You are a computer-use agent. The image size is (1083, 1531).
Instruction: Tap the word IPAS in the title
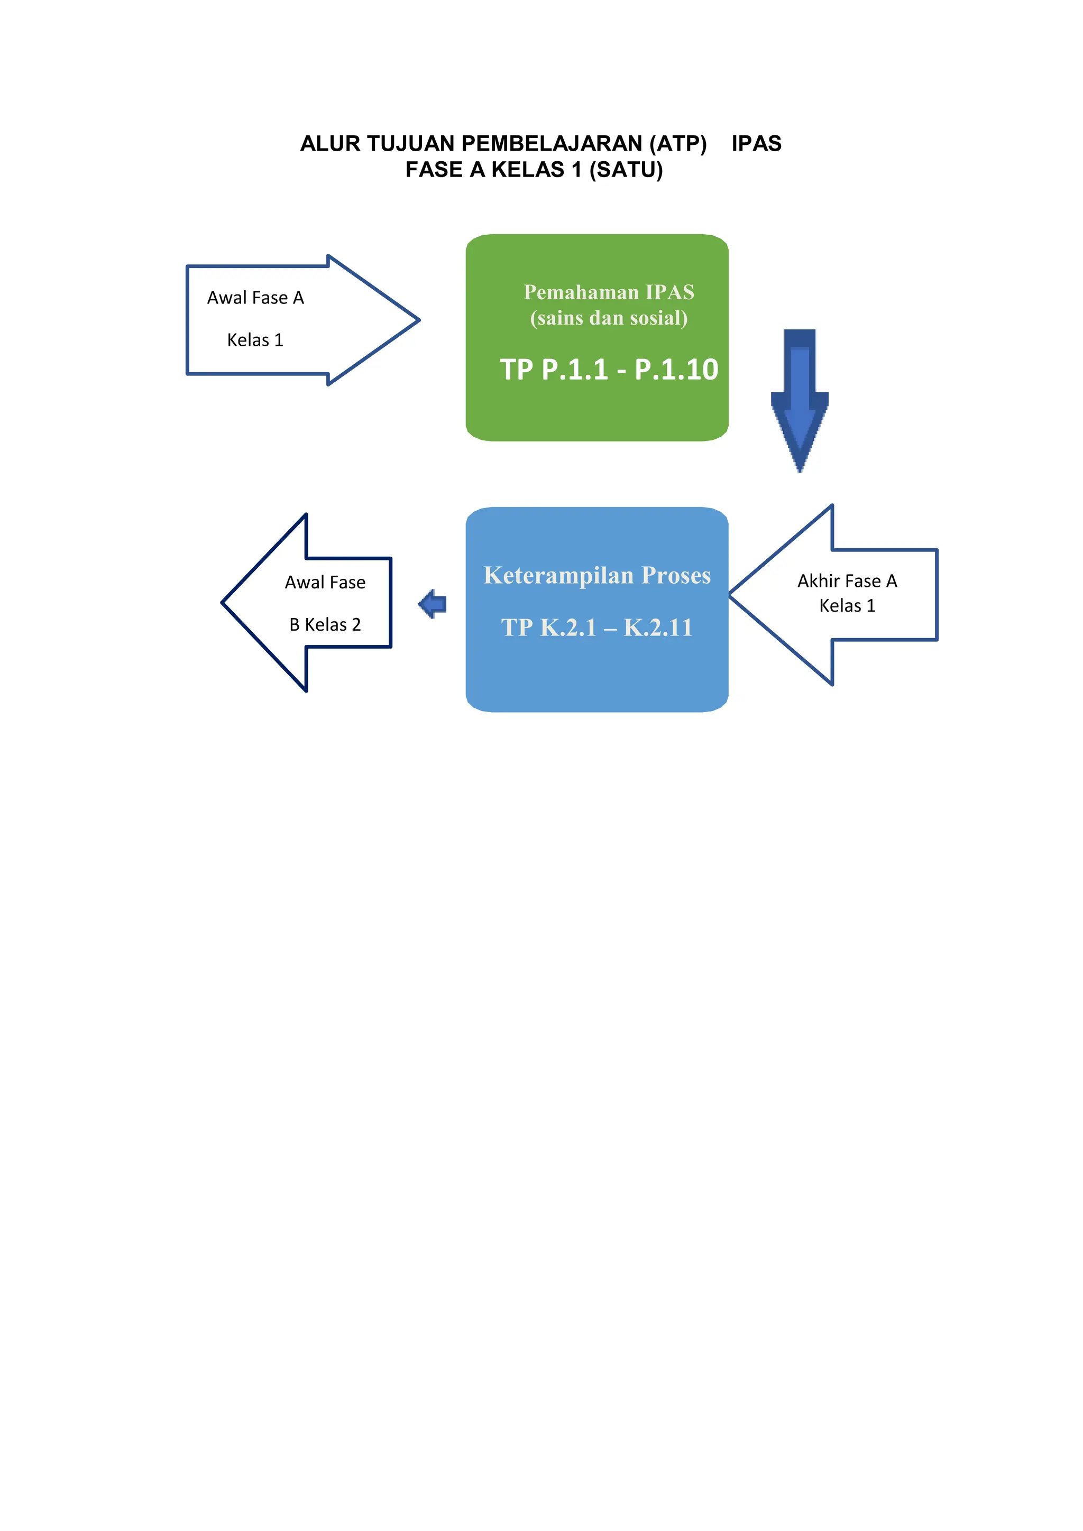756,143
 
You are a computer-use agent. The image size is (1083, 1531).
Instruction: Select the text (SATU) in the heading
626,170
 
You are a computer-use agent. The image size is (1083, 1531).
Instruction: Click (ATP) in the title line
677,143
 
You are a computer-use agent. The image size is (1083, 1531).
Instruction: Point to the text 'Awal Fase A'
255,298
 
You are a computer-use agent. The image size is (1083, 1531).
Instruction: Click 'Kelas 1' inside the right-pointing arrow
255,340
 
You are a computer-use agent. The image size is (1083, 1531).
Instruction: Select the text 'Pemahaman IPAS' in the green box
609,292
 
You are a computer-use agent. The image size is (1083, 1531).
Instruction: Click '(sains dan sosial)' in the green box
609,318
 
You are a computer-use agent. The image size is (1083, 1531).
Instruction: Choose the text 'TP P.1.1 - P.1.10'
609,370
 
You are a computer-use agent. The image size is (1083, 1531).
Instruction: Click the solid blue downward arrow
800,400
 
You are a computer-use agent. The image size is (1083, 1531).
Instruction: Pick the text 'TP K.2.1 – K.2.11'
597,628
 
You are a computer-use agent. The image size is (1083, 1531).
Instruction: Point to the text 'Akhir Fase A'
847,582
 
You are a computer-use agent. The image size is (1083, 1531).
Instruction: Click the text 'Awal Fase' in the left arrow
325,583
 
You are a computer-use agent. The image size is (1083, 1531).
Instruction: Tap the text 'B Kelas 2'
325,625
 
